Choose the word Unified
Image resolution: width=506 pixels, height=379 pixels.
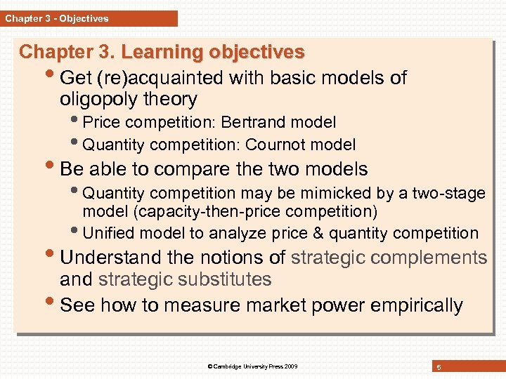pos(107,233)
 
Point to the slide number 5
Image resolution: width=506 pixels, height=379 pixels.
pos(439,366)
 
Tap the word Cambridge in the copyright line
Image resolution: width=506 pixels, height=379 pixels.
pos(230,366)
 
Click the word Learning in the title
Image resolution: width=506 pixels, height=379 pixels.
pos(162,53)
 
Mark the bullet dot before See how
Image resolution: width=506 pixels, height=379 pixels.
pos(51,304)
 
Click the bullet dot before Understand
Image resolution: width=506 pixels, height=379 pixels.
pos(51,256)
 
